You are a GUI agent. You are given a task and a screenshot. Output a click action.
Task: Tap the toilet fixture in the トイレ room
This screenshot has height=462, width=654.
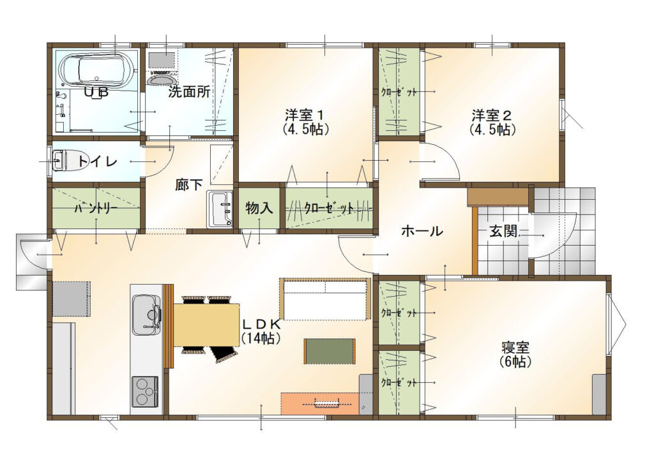coord(59,160)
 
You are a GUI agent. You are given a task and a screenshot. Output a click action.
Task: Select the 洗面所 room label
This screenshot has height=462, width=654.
coord(189,92)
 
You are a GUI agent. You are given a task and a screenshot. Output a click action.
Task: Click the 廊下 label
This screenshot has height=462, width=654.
coord(189,184)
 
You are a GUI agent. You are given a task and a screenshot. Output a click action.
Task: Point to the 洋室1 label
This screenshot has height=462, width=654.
coord(305,114)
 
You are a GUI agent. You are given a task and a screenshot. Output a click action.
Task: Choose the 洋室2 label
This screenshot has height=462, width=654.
coord(492,114)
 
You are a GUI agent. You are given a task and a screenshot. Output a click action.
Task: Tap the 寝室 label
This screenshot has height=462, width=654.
coord(515,346)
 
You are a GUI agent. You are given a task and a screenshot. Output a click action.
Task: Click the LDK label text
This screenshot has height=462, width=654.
coord(261,324)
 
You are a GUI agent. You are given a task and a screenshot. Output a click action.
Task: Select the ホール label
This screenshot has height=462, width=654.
coord(422,231)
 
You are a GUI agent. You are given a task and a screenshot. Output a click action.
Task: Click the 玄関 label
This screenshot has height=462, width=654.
coord(503,231)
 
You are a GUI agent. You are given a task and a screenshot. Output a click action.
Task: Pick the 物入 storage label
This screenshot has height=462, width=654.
coord(259,207)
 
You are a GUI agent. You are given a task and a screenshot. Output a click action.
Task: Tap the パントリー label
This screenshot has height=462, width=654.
coord(96,208)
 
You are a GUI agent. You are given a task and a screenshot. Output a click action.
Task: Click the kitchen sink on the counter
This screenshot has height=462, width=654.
coord(146,315)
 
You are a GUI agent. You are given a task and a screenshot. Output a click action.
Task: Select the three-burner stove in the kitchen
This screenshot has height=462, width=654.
coord(145,392)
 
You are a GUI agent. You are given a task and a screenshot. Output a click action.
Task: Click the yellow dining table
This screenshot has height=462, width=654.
coord(206,325)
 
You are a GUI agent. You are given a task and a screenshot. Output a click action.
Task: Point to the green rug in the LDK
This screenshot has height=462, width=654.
coord(330,351)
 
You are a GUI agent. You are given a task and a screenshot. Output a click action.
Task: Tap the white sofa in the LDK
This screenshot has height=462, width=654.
coord(325,299)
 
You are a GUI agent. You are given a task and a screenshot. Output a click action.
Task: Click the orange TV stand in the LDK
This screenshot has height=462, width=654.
coord(320,403)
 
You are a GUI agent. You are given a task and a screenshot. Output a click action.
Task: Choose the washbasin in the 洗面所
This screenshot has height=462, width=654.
coord(162,79)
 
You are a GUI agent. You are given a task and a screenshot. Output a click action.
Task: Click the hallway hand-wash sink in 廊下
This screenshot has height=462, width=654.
coord(220,209)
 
